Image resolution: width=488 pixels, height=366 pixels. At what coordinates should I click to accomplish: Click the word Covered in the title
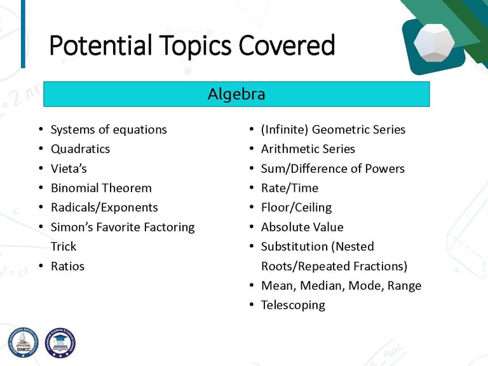tap(287, 46)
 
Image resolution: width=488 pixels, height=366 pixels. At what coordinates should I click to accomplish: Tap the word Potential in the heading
tap(100, 46)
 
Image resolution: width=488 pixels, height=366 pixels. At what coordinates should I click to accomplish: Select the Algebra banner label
tap(236, 94)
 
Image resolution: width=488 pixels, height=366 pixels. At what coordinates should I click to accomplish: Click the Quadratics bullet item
tap(80, 149)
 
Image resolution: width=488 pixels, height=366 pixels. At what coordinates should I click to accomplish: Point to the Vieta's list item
tap(69, 168)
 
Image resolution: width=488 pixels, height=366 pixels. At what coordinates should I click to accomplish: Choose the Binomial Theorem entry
tap(101, 188)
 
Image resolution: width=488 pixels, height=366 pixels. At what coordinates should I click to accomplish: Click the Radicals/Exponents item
tap(104, 208)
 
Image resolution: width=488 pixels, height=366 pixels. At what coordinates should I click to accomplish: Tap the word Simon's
tap(72, 227)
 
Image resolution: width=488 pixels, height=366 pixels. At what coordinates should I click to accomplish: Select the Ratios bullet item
tap(67, 266)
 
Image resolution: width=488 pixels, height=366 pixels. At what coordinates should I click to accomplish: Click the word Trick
tap(64, 247)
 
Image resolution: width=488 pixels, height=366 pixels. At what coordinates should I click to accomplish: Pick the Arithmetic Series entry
tap(308, 149)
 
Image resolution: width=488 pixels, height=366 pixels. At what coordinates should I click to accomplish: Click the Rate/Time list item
tap(290, 188)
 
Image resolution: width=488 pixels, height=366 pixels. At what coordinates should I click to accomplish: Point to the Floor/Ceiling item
tap(296, 208)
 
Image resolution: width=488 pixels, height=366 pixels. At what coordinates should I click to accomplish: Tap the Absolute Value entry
tap(302, 227)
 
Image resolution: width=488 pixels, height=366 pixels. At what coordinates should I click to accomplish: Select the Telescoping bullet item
tap(293, 305)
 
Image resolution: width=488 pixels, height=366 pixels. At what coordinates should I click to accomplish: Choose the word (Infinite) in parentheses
tap(285, 130)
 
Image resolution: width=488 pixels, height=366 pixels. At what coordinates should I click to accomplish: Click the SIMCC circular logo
tap(24, 342)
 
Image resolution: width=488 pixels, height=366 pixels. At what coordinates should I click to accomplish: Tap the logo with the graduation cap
tap(60, 342)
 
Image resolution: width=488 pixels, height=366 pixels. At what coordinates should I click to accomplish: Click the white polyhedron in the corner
tap(434, 43)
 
